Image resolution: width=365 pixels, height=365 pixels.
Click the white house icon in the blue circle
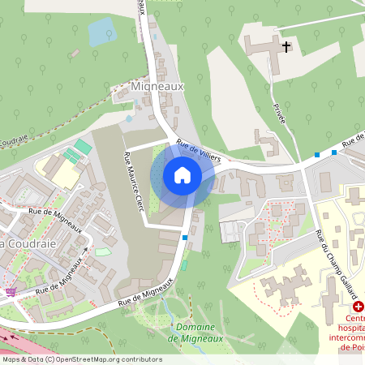pyautogui.click(x=182, y=175)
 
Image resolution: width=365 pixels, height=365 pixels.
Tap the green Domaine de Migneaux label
pyautogui.click(x=194, y=332)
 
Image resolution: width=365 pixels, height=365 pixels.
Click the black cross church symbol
pyautogui.click(x=286, y=47)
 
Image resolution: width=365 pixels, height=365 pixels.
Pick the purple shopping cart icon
pyautogui.click(x=11, y=293)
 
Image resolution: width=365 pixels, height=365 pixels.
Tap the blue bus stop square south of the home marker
pyautogui.click(x=186, y=238)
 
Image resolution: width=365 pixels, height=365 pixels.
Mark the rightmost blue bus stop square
pyautogui.click(x=333, y=152)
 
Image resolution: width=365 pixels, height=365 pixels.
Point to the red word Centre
pyautogui.click(x=355, y=318)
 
